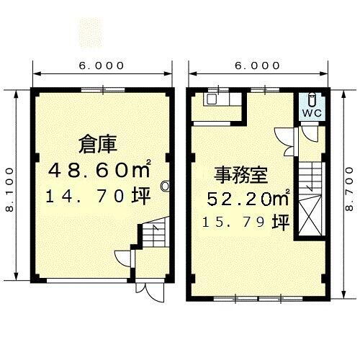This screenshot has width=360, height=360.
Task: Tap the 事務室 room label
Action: [240, 174]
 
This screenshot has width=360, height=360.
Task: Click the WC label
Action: [311, 113]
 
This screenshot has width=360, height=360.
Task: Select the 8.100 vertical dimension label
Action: [9, 186]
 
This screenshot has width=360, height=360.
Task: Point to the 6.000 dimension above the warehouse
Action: [102, 66]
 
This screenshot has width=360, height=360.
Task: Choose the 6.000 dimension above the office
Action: [257, 66]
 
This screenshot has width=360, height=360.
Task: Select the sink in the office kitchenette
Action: [213, 100]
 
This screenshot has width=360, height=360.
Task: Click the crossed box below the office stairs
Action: [310, 217]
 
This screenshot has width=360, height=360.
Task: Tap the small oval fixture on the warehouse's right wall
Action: [165, 186]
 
